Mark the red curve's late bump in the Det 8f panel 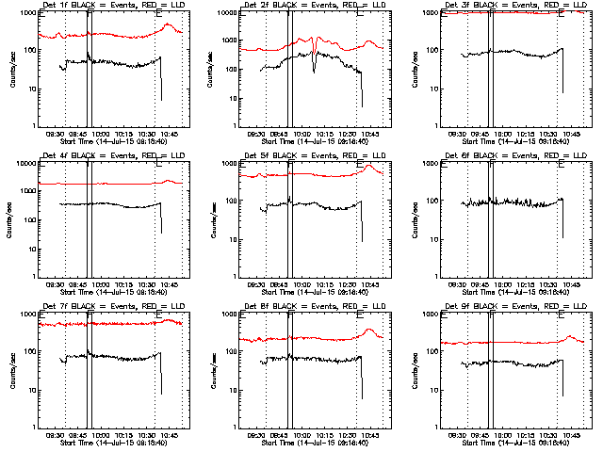click(x=371, y=331)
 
